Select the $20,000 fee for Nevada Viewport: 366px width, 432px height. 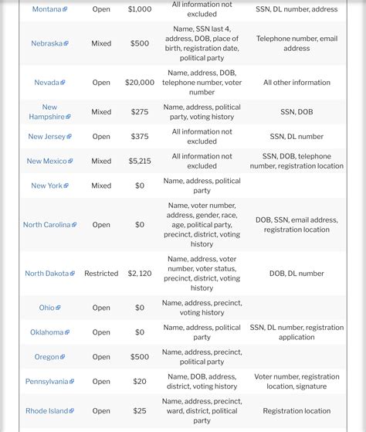tap(140, 83)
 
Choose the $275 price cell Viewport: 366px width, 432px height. tap(140, 112)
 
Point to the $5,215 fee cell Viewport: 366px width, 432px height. tap(140, 162)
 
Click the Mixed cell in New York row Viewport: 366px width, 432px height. tap(101, 186)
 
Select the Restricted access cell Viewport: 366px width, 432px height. tap(101, 274)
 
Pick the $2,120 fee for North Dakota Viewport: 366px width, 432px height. tap(140, 274)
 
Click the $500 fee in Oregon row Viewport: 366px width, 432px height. tap(140, 357)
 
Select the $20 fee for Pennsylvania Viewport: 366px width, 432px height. tap(140, 382)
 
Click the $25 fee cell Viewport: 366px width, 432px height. tap(140, 411)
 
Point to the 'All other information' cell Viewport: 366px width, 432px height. tap(297, 83)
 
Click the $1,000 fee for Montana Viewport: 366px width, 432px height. tap(140, 9)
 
